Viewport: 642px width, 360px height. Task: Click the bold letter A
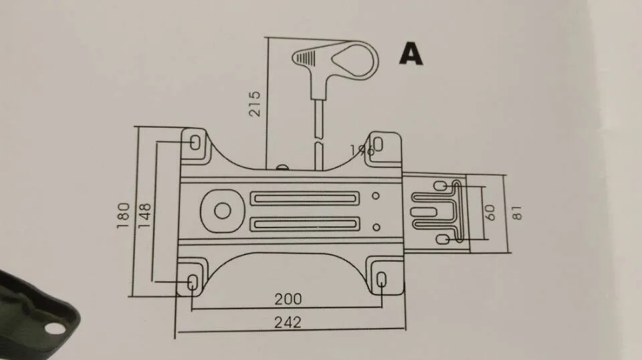click(411, 53)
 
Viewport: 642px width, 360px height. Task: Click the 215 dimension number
click(255, 104)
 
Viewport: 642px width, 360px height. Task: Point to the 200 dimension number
click(288, 299)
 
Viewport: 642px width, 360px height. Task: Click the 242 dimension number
click(288, 322)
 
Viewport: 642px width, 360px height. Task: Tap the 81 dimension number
click(516, 212)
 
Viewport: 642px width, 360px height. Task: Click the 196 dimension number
click(362, 149)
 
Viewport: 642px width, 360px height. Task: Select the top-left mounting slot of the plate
click(195, 143)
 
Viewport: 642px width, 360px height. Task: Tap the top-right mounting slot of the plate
click(378, 143)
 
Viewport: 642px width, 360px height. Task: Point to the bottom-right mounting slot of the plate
click(381, 281)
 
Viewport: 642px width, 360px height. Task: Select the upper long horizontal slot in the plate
click(303, 199)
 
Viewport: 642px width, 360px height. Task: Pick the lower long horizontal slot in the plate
click(303, 224)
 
